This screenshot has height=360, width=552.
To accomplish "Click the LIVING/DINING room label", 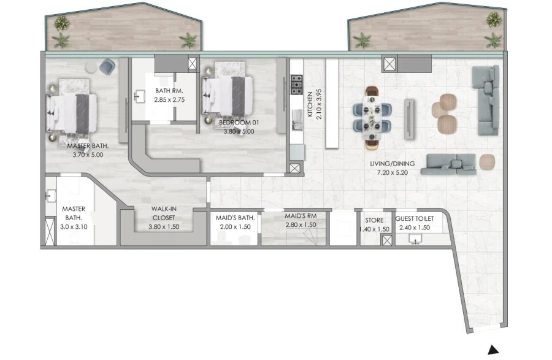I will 393,164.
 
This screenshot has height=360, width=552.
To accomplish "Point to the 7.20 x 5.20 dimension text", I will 393,173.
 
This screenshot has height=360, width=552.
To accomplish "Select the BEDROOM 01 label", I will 239,123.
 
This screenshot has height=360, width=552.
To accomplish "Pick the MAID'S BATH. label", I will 236,218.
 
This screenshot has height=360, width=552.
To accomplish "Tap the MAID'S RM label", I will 300,216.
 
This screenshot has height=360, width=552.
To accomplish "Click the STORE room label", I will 374,220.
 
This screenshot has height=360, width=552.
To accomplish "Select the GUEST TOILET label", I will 415,219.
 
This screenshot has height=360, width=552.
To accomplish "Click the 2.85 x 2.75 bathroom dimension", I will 170,99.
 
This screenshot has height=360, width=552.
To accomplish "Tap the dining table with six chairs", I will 373,118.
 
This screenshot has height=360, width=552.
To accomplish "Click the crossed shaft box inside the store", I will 386,240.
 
